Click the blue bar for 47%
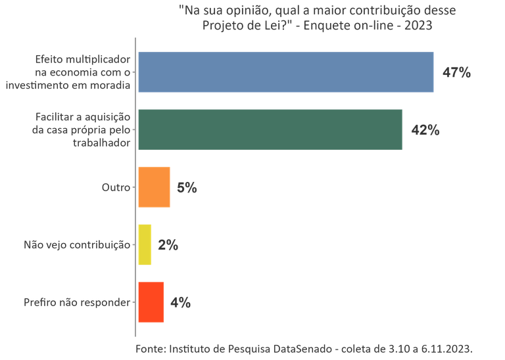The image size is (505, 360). tap(285, 72)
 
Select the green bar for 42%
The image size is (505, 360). tap(270, 129)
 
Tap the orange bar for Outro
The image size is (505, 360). tap(154, 187)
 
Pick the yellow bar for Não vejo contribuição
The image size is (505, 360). tap(145, 245)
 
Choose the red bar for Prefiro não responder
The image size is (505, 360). tap(151, 302)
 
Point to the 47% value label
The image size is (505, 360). tap(456, 72)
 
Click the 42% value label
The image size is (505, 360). tap(425, 129)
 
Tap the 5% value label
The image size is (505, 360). tap(187, 187)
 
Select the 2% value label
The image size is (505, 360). tap(168, 245)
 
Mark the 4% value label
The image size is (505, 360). tap(180, 302)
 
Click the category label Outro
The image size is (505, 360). tap(114, 187)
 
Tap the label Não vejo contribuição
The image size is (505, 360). tap(76, 245)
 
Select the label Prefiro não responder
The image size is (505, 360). tap(76, 302)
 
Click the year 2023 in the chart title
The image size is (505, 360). tap(418, 26)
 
